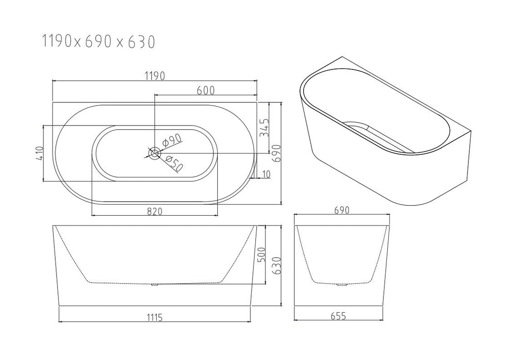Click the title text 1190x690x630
coord(98,42)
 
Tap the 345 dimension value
coord(264,127)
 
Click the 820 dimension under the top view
coord(154,211)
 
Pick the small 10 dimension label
coord(265,174)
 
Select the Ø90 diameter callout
coord(171,140)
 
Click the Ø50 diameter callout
coord(174,163)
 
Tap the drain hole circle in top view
coord(154,153)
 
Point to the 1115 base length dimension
coord(154,317)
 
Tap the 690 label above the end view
coord(342,210)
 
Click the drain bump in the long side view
coord(154,284)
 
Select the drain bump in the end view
coord(342,284)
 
